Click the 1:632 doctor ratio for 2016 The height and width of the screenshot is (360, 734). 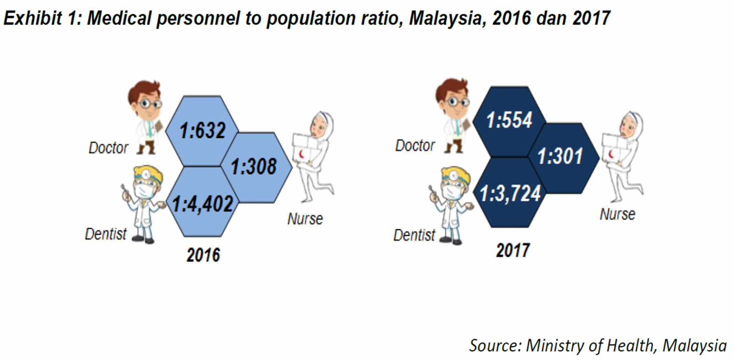click(202, 131)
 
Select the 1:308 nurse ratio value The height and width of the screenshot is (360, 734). click(253, 166)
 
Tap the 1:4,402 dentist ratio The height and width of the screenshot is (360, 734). click(203, 204)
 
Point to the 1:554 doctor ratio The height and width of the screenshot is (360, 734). click(509, 120)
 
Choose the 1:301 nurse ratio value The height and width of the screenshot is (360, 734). click(560, 156)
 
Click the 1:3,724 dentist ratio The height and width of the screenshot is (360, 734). click(510, 194)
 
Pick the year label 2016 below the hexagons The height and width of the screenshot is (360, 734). click(203, 255)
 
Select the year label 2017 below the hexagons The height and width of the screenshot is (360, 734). click(513, 250)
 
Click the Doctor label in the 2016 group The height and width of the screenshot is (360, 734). click(108, 148)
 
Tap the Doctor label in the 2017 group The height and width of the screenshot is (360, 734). click(415, 145)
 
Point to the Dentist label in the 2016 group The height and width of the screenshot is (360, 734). click(106, 234)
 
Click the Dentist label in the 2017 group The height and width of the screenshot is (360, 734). click(414, 235)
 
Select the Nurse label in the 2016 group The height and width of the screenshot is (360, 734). click(305, 219)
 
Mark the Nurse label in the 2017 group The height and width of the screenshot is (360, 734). click(617, 214)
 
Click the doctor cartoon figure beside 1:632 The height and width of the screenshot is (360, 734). click(146, 117)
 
